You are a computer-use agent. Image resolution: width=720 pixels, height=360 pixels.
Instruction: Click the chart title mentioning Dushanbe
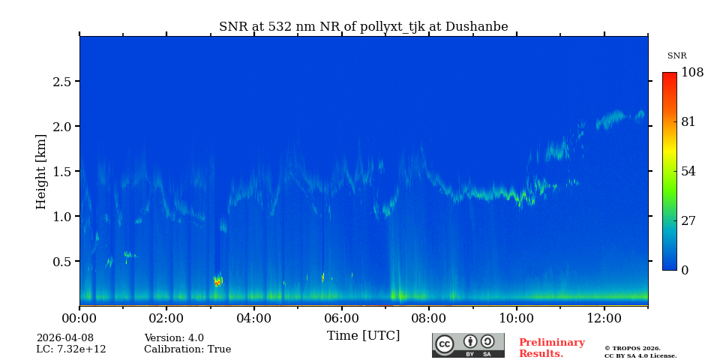click(x=363, y=27)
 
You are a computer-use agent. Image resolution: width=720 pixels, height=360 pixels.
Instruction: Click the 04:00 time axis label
click(x=254, y=319)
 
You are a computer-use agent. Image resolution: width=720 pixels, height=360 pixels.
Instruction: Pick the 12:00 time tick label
click(x=604, y=319)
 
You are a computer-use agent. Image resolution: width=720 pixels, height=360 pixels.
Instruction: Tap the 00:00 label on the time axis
click(x=79, y=319)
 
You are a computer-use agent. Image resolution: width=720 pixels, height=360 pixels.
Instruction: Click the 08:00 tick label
click(x=429, y=319)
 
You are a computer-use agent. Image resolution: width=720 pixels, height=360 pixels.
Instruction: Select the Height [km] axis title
click(x=41, y=171)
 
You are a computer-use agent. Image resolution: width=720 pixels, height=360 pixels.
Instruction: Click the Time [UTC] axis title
click(x=363, y=335)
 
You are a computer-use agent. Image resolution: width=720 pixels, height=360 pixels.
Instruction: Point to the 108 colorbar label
click(x=692, y=73)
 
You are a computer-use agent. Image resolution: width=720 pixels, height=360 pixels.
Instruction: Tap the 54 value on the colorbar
click(x=688, y=172)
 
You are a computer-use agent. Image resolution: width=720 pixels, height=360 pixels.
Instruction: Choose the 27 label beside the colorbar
click(x=688, y=221)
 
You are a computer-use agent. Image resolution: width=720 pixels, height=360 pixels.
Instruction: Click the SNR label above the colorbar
click(x=676, y=56)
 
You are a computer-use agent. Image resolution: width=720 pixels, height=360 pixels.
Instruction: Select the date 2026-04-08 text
click(x=64, y=338)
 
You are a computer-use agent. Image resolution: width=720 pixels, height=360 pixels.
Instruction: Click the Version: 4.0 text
click(x=174, y=338)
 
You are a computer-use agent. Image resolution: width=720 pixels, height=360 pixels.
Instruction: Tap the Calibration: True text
click(x=187, y=349)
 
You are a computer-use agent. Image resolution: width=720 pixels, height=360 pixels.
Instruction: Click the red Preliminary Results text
click(x=551, y=348)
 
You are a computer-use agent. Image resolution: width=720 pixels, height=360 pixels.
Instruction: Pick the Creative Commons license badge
click(x=468, y=345)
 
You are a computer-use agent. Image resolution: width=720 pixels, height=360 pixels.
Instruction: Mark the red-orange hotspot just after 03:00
click(x=217, y=282)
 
